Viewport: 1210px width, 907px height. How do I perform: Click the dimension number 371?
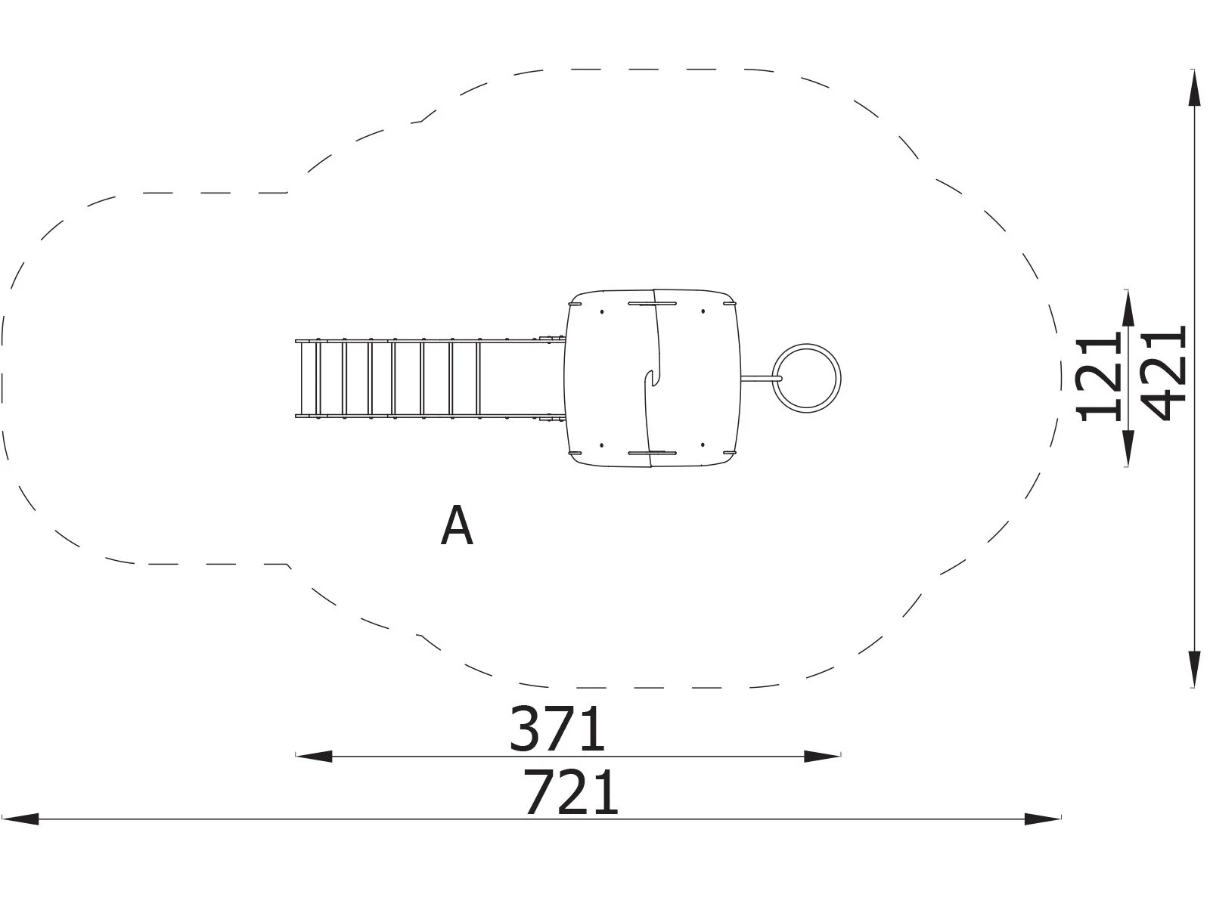[557, 729]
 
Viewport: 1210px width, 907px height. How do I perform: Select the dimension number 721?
[570, 792]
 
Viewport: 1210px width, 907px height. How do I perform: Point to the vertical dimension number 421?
[1162, 373]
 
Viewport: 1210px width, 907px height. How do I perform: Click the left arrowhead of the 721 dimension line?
[20, 819]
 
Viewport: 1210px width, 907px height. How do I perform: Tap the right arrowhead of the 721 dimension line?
[1042, 819]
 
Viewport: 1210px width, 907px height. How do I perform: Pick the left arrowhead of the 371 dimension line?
[314, 756]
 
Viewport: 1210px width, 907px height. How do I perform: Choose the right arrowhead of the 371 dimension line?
[822, 756]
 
